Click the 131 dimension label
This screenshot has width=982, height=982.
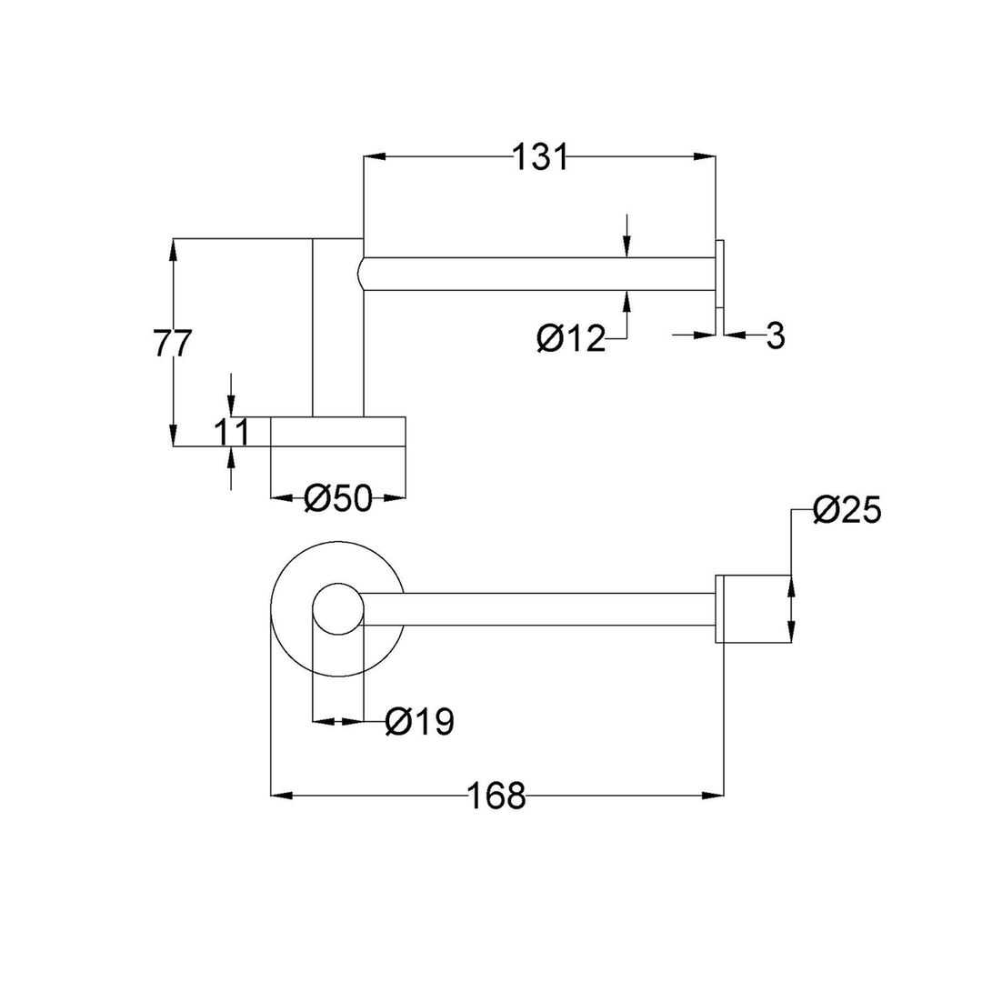[540, 157]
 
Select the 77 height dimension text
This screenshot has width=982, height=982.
[172, 345]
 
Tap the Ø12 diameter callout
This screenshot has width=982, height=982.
[571, 339]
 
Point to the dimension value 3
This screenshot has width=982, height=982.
[775, 336]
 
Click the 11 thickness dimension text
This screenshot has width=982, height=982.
[232, 433]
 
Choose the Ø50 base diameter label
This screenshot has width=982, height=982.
[338, 498]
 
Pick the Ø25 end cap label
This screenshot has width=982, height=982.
[847, 511]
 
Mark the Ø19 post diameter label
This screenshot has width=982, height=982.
[419, 722]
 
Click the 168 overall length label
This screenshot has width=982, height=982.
[496, 797]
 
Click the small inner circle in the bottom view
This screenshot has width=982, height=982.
[337, 608]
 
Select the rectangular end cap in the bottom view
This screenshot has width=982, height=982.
[753, 609]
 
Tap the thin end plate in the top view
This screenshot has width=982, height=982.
[720, 275]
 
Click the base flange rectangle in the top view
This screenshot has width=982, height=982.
[338, 432]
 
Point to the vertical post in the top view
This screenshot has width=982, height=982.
[337, 327]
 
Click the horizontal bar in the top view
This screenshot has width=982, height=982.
[536, 275]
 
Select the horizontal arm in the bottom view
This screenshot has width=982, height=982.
[536, 609]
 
